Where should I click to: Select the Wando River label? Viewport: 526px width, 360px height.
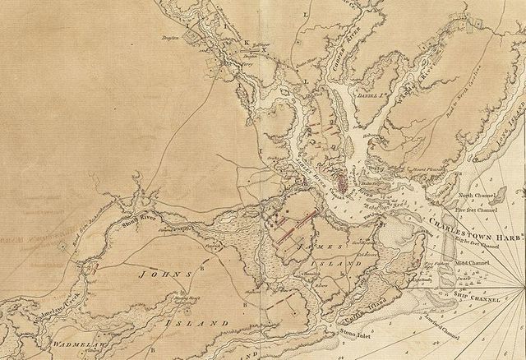423,69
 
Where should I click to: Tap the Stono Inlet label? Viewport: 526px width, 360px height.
354,332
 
